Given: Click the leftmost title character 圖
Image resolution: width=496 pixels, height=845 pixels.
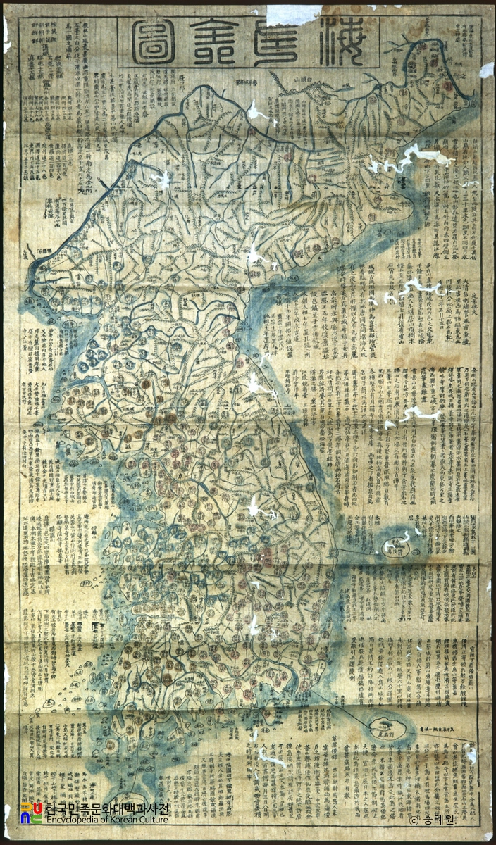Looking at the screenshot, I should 157,42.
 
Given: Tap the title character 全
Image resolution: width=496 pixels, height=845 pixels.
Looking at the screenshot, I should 223,42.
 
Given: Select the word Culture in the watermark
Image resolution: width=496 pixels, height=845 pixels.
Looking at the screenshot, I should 152,820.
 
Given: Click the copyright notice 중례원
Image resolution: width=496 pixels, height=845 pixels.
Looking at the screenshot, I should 432,820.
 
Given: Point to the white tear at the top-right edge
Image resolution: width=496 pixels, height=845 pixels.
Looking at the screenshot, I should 486,69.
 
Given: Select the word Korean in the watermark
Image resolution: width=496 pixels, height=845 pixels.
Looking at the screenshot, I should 123,820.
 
